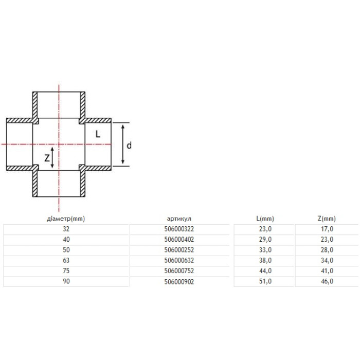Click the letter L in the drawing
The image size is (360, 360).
tap(98, 134)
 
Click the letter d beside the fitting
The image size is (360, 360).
tap(129, 146)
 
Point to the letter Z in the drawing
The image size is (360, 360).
tap(47, 158)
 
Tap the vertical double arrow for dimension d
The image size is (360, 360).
tap(123, 144)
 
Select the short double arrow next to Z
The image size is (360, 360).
tap(52, 157)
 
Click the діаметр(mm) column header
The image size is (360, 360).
tap(66, 219)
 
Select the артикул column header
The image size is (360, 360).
tap(179, 219)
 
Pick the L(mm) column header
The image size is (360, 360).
tap(265, 219)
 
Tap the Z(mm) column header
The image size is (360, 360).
tap(327, 219)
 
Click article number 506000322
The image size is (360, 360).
tap(179, 229)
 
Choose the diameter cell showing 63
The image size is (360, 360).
tap(66, 260)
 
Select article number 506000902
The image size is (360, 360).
tap(179, 281)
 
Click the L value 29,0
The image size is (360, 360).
tap(265, 240)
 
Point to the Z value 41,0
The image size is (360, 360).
tap(327, 271)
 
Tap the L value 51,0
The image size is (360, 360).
tap(265, 281)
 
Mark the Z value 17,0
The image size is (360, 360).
tap(327, 229)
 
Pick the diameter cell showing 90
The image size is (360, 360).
tap(66, 281)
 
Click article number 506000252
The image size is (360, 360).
tap(179, 250)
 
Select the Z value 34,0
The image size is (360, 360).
tap(327, 260)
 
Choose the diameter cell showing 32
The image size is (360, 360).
tap(66, 229)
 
